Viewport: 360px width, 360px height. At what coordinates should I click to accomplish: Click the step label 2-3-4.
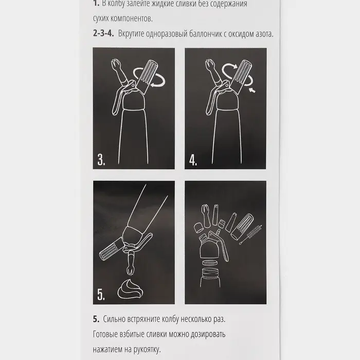tap(103, 33)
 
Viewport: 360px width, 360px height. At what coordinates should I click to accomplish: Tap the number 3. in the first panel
tap(101, 159)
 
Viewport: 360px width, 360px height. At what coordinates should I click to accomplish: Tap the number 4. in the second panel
tap(193, 160)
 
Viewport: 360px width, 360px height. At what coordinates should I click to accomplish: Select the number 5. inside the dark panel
tap(101, 294)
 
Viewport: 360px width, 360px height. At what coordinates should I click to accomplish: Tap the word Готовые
tap(105, 334)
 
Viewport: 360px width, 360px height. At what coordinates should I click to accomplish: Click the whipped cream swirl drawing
tap(130, 289)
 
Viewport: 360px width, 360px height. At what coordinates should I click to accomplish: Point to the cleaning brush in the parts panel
tap(251, 235)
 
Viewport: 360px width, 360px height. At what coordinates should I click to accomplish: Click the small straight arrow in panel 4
tap(252, 90)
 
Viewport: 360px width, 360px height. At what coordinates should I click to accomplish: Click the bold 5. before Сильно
tap(96, 319)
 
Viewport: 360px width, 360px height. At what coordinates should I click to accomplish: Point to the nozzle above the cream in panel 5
tap(131, 263)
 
